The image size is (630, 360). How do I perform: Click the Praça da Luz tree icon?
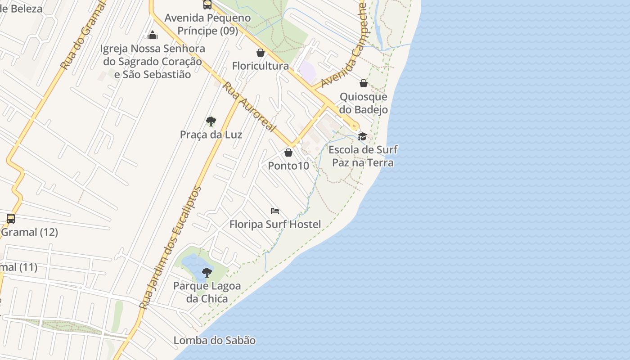pyautogui.click(x=211, y=121)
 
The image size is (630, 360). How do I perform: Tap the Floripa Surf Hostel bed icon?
pyautogui.click(x=275, y=211)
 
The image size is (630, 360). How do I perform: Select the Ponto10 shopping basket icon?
pyautogui.click(x=288, y=153)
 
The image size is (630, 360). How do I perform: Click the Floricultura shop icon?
pyautogui.click(x=260, y=53)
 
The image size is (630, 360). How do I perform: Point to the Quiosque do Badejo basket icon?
pyautogui.click(x=364, y=83)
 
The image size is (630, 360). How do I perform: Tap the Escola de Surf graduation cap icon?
pyautogui.click(x=362, y=136)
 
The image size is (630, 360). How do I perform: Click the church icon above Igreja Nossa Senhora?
pyautogui.click(x=153, y=35)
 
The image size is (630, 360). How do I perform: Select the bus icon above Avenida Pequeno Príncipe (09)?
pyautogui.click(x=207, y=4)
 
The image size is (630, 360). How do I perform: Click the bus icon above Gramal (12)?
pyautogui.click(x=11, y=219)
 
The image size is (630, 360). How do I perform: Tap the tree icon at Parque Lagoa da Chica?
pyautogui.click(x=207, y=272)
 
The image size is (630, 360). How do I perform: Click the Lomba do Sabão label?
pyautogui.click(x=215, y=341)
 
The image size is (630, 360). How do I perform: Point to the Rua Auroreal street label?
pyautogui.click(x=249, y=107)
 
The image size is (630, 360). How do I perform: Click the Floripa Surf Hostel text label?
pyautogui.click(x=275, y=224)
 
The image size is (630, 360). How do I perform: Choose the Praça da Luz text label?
pyautogui.click(x=211, y=135)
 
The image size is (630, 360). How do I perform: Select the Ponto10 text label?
pyautogui.click(x=288, y=166)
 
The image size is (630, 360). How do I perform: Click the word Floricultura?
pyautogui.click(x=260, y=66)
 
